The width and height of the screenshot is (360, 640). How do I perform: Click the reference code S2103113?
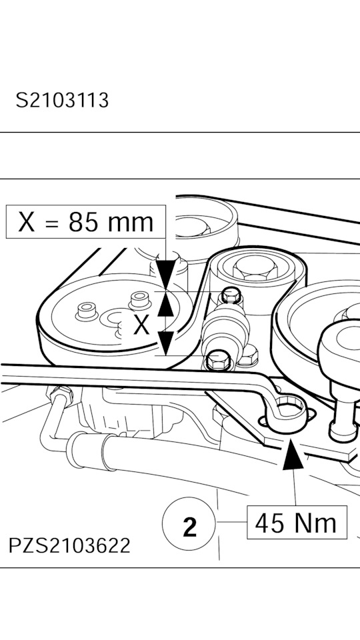(x=62, y=101)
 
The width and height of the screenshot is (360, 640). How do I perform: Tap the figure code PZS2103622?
(x=69, y=545)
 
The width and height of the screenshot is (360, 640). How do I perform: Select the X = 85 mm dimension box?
(x=86, y=221)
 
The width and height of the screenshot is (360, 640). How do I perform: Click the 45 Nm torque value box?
(x=297, y=523)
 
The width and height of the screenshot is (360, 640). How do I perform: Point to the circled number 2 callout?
(x=189, y=523)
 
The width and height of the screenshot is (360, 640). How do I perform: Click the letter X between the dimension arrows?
(x=141, y=325)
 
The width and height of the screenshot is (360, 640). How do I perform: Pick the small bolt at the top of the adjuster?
(x=231, y=295)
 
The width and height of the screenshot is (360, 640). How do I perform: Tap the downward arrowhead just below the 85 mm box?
(x=166, y=273)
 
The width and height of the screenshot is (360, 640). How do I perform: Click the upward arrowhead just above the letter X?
(x=166, y=305)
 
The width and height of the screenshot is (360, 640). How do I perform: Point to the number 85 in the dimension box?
(x=83, y=222)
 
